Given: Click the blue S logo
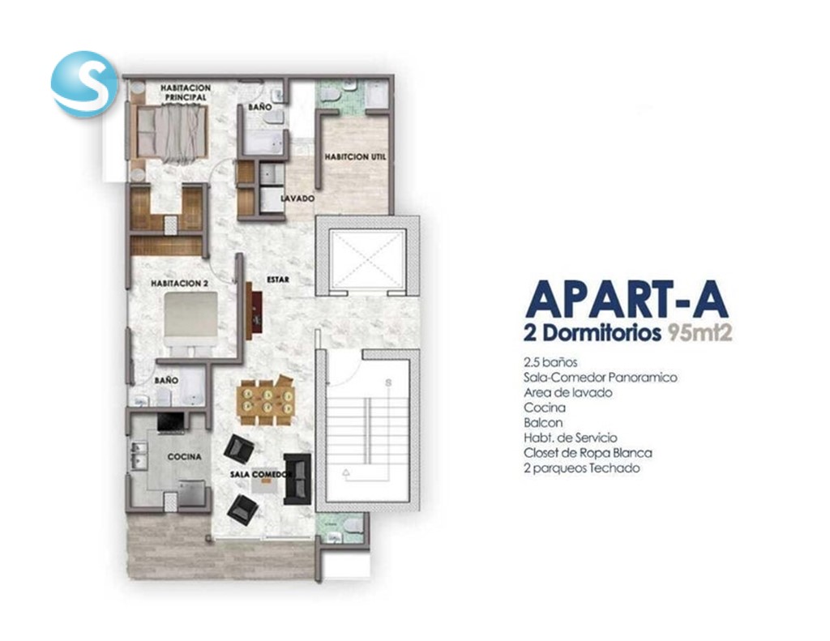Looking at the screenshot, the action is [83, 83].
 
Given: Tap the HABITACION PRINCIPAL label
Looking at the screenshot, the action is [186, 92].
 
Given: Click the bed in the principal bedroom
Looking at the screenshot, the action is [171, 132].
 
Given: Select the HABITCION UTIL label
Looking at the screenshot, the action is [355, 157].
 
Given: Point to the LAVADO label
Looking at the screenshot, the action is [297, 199].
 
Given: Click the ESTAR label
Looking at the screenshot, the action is [278, 280].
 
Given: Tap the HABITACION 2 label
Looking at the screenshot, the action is [179, 284].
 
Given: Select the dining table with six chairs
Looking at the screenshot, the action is [267, 400].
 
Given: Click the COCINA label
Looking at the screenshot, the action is [184, 457].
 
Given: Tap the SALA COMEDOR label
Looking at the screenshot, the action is [262, 474].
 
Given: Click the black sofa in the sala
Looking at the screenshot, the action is [297, 478].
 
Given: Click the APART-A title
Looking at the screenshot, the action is [627, 300].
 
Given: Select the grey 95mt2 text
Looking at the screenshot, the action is [700, 334].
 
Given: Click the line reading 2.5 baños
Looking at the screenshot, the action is [550, 362].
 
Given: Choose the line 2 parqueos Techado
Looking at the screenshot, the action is [582, 468].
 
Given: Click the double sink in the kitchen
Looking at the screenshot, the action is [139, 455].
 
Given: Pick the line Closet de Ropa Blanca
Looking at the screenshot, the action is [588, 453].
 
